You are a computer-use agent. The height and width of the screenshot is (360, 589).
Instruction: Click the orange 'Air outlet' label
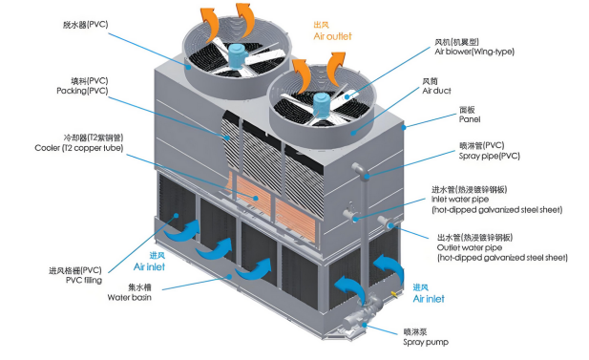(x=332, y=36)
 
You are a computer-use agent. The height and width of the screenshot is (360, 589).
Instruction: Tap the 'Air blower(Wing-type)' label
(x=474, y=52)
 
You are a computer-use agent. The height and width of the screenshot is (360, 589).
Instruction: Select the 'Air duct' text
(x=436, y=91)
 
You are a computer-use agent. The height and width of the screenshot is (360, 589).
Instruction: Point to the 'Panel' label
(x=469, y=119)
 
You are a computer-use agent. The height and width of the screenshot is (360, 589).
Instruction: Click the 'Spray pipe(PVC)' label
(x=489, y=156)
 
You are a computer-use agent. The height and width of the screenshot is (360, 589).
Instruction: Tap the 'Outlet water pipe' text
(x=469, y=247)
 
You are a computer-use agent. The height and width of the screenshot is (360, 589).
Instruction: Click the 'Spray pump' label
(x=426, y=343)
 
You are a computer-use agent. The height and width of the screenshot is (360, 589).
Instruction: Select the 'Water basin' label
(x=129, y=298)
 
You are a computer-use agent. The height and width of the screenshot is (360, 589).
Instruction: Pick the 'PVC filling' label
(x=83, y=281)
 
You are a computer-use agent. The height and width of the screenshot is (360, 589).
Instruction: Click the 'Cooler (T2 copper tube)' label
(x=79, y=148)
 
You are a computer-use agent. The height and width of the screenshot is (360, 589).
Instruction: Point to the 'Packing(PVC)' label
(x=82, y=91)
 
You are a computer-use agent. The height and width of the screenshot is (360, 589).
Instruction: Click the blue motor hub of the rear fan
(x=237, y=55)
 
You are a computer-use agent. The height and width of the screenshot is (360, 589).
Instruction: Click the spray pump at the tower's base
(x=362, y=316)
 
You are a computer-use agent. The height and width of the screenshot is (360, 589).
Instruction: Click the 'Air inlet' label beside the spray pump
(x=429, y=299)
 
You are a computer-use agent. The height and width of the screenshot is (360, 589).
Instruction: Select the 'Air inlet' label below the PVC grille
(x=149, y=267)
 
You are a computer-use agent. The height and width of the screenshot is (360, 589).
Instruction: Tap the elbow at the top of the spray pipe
(x=360, y=169)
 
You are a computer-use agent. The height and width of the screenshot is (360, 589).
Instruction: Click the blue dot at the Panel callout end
(x=404, y=127)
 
